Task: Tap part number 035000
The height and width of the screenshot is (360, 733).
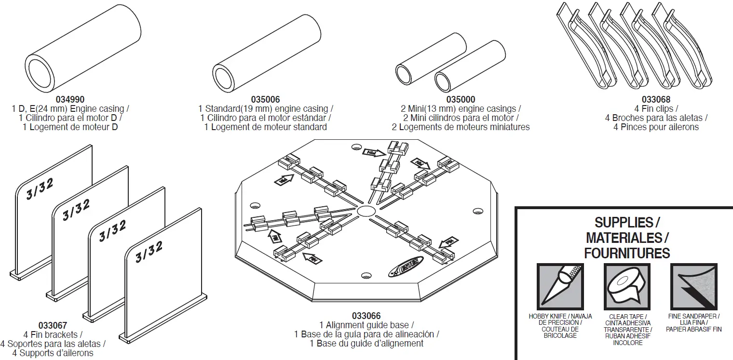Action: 461,100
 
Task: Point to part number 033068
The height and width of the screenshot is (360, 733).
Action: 656,100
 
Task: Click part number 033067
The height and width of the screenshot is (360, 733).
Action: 53,326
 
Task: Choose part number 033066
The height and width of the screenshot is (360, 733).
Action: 366,316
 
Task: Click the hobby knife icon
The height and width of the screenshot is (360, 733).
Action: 560,287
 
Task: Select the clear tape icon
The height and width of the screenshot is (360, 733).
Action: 627,287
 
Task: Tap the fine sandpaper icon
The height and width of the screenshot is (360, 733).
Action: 694,287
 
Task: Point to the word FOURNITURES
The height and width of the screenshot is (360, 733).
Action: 627,253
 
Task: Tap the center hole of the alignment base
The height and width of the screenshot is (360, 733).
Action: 366,211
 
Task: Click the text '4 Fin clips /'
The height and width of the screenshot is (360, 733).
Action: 656,109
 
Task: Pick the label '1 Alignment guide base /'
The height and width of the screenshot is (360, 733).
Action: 366,325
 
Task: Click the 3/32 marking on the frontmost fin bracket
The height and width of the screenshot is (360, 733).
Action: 149,251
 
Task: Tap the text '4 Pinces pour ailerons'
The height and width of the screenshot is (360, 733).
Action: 656,127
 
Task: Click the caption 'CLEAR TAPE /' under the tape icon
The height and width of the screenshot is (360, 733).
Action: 627,317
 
